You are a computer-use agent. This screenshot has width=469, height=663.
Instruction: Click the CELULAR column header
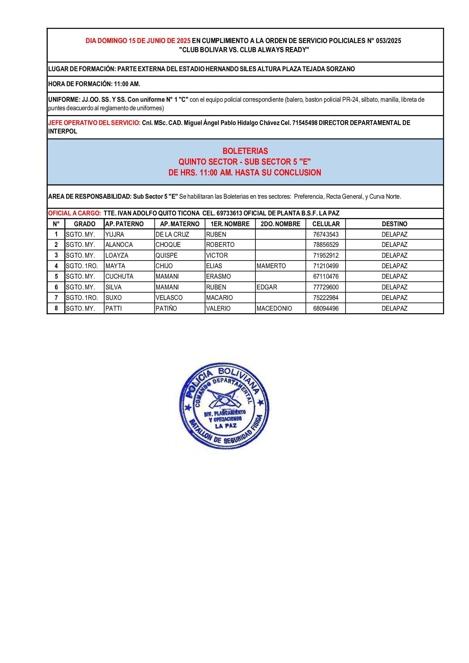pyautogui.click(x=326, y=224)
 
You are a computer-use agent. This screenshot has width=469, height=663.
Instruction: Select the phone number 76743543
pyautogui.click(x=326, y=234)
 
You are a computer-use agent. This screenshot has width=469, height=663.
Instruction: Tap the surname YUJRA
pyautogui.click(x=115, y=234)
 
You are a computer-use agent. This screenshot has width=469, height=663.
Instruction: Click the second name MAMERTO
pyautogui.click(x=271, y=266)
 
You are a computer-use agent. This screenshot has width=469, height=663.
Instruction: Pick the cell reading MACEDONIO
pyautogui.click(x=274, y=308)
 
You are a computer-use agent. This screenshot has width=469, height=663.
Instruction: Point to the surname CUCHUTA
pyautogui.click(x=119, y=276)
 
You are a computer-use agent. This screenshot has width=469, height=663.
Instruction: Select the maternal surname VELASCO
pyautogui.click(x=169, y=298)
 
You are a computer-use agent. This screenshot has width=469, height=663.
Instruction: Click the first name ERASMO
pyautogui.click(x=218, y=276)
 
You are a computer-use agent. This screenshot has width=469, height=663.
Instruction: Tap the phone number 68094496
pyautogui.click(x=326, y=308)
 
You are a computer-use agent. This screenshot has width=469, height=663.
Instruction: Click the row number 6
pyautogui.click(x=56, y=287)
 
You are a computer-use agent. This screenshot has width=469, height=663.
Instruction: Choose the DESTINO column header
pyautogui.click(x=394, y=224)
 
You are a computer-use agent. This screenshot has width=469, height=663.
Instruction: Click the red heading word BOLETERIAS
pyautogui.click(x=245, y=151)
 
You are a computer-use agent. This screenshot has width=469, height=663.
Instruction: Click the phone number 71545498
pyautogui.click(x=305, y=123)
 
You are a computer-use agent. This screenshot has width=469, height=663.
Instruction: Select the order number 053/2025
pyautogui.click(x=388, y=41)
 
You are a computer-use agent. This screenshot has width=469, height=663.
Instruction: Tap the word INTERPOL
pyautogui.click(x=63, y=132)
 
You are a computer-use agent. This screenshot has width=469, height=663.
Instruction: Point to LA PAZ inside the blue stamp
pyautogui.click(x=225, y=426)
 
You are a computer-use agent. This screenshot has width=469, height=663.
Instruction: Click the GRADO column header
pyautogui.click(x=84, y=224)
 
